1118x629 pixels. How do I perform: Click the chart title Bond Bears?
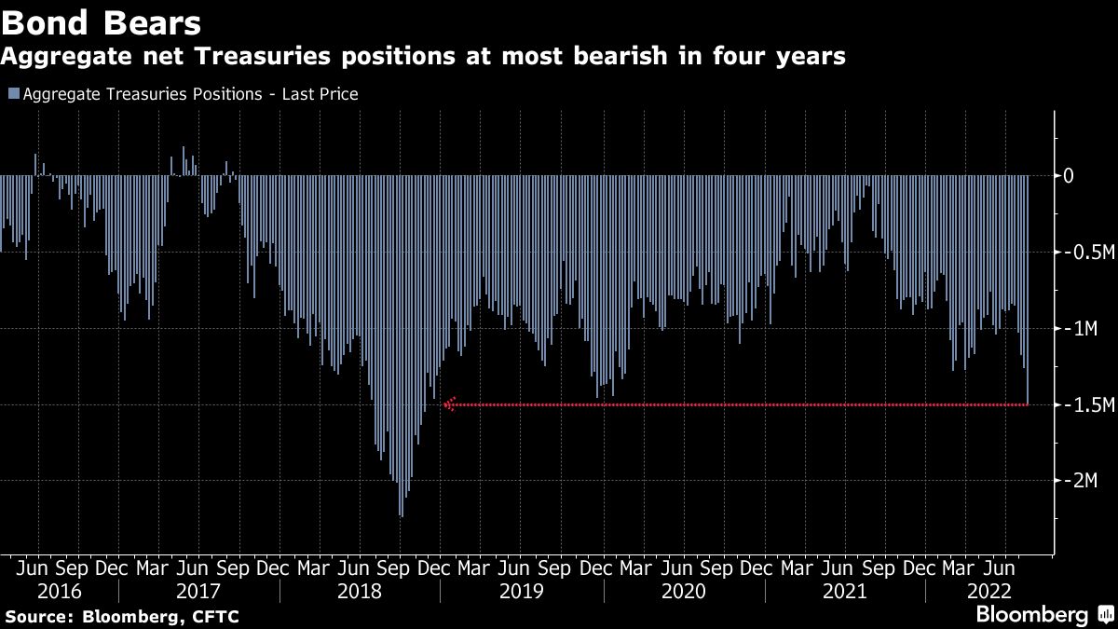(x=101, y=21)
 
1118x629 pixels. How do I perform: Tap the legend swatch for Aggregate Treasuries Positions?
(x=12, y=94)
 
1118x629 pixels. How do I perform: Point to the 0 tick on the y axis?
(x=1070, y=176)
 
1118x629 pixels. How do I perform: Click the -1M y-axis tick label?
(x=1081, y=329)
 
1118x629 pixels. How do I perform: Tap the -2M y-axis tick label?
(x=1081, y=481)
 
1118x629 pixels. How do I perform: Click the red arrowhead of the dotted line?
(x=450, y=404)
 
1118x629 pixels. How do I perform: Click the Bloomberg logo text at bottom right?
(x=1031, y=615)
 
